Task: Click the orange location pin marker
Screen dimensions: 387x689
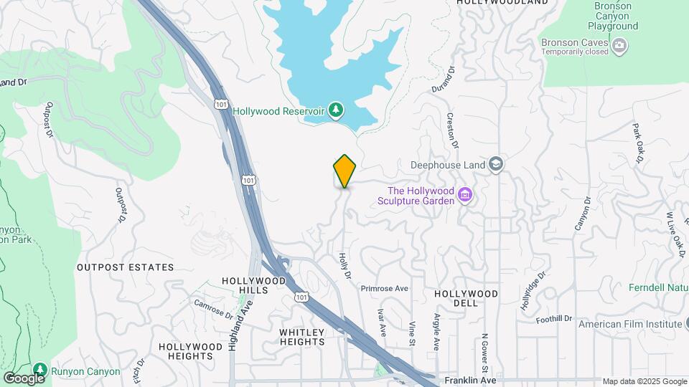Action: click(x=344, y=171)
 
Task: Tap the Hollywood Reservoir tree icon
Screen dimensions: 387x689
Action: click(x=335, y=110)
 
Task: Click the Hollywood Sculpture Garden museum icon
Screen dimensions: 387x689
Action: click(x=465, y=194)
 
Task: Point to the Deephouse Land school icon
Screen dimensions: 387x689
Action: click(x=495, y=164)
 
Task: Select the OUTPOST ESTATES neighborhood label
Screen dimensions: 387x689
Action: click(x=126, y=267)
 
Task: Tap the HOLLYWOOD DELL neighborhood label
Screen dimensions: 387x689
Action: click(x=466, y=298)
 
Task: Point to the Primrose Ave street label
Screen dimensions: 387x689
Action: click(x=384, y=288)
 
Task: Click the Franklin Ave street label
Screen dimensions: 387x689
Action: click(x=470, y=380)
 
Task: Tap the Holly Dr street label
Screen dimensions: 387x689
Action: click(x=344, y=264)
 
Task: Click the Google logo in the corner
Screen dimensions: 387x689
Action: click(x=24, y=378)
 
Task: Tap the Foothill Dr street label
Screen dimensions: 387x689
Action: click(x=553, y=318)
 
